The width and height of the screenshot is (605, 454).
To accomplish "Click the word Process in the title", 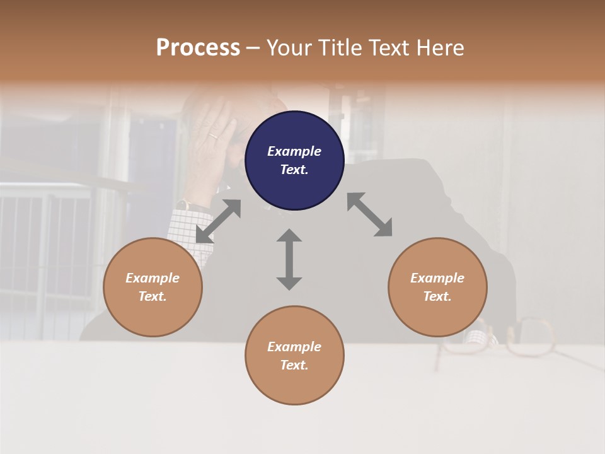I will [198, 48].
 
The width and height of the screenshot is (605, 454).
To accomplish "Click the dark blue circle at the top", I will [294, 160].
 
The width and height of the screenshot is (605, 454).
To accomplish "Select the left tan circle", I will [153, 287].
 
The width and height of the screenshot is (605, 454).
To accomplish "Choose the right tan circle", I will [437, 287].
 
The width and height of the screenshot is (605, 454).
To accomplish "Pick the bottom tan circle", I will [294, 355].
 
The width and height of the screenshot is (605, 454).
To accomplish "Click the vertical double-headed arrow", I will [289, 259].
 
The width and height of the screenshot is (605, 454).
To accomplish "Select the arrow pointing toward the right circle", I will [370, 214].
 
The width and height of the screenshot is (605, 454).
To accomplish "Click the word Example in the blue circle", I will [294, 151].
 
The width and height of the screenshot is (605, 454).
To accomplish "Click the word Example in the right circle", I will [437, 278].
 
